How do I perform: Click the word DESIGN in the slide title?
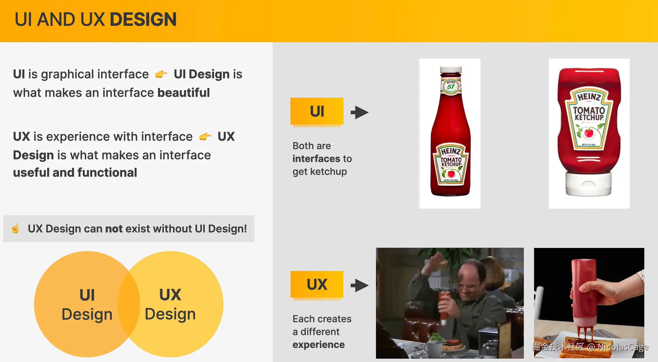[x=143, y=19]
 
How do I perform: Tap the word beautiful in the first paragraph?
[x=183, y=93]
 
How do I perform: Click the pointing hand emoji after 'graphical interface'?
[x=161, y=74]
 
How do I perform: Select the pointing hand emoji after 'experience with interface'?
[x=205, y=136]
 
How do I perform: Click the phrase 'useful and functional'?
[x=75, y=172]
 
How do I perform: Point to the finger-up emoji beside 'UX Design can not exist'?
[x=15, y=228]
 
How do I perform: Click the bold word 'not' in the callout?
[x=114, y=229]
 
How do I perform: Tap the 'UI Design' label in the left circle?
[x=87, y=305]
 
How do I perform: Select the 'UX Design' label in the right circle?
[x=170, y=304]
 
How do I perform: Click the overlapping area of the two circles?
[x=129, y=304]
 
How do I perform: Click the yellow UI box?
[x=317, y=111]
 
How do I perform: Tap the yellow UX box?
[x=317, y=284]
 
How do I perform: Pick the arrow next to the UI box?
[x=359, y=112]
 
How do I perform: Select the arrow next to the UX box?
[x=359, y=285]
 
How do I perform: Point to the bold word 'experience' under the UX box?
[x=318, y=345]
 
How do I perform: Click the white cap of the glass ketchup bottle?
[x=451, y=69]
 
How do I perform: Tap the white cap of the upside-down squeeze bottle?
[x=588, y=184]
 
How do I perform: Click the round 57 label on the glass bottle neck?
[x=451, y=86]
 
